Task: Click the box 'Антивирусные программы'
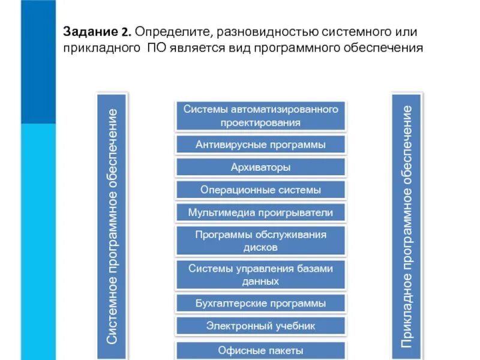tap(260, 145)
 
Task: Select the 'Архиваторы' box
tap(260, 167)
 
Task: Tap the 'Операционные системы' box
tap(260, 190)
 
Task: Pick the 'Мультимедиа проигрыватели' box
tap(260, 212)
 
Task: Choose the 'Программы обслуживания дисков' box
tap(260, 241)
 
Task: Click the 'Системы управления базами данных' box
tap(260, 274)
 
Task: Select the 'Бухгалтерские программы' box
tap(260, 303)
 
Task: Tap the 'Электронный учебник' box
tap(260, 326)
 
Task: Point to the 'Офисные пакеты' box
tap(260, 350)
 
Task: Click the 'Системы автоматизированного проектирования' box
tap(260, 116)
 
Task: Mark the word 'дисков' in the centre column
tap(260, 247)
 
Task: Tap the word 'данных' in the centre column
tap(260, 280)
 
